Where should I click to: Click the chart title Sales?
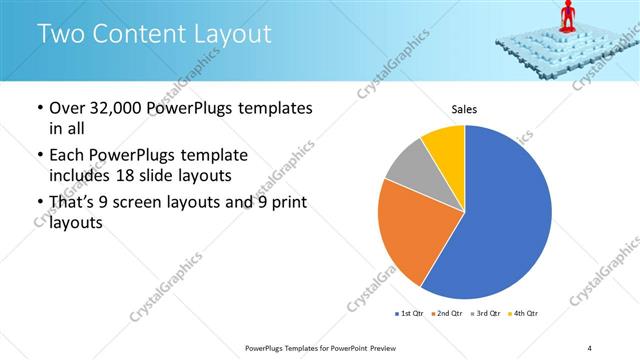click(464, 109)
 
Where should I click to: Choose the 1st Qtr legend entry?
click(412, 314)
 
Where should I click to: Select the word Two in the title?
click(59, 34)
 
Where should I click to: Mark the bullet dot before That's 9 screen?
click(39, 203)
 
